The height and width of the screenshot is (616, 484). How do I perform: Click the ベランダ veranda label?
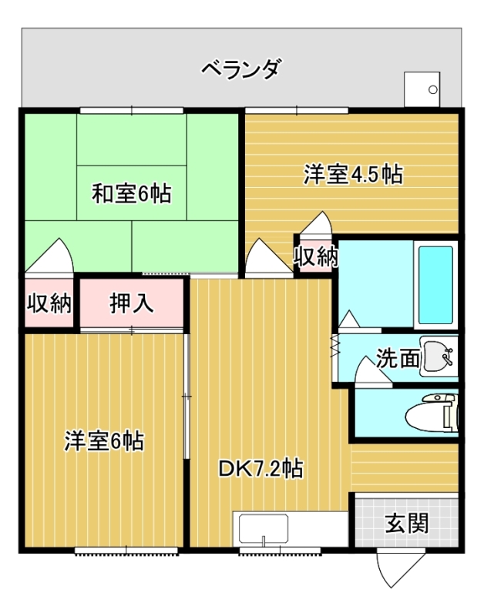click(x=242, y=69)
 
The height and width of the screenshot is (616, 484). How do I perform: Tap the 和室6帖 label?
click(x=131, y=193)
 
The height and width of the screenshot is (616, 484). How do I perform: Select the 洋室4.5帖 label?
click(x=353, y=174)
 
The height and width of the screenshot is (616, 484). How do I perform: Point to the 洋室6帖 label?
click(x=104, y=440)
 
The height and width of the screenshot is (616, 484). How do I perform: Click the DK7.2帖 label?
click(x=260, y=468)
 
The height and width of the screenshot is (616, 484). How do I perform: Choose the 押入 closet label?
click(x=131, y=303)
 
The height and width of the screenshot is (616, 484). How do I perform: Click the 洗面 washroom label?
click(x=398, y=358)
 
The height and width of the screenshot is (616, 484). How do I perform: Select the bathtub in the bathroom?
click(x=435, y=285)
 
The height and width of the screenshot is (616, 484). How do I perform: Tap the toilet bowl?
click(x=432, y=413)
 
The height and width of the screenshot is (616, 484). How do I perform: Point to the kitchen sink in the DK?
click(x=264, y=529)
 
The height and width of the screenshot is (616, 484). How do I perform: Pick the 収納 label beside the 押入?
click(x=49, y=303)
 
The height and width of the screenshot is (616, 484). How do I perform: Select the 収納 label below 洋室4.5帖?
click(x=316, y=257)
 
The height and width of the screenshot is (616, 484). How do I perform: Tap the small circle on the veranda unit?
click(x=433, y=89)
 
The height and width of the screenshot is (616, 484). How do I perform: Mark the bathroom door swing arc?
click(x=349, y=319)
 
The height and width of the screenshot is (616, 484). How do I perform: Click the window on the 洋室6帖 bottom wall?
click(x=126, y=551)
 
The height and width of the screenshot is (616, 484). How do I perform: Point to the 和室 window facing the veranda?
click(x=132, y=110)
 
